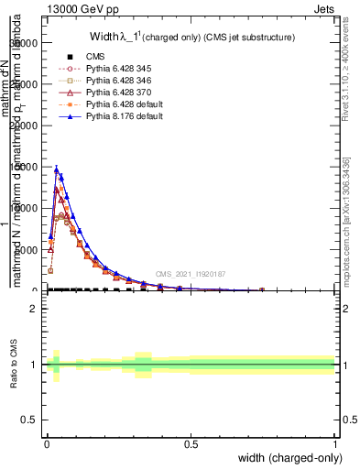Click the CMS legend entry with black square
94,57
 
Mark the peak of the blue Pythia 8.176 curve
57,169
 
